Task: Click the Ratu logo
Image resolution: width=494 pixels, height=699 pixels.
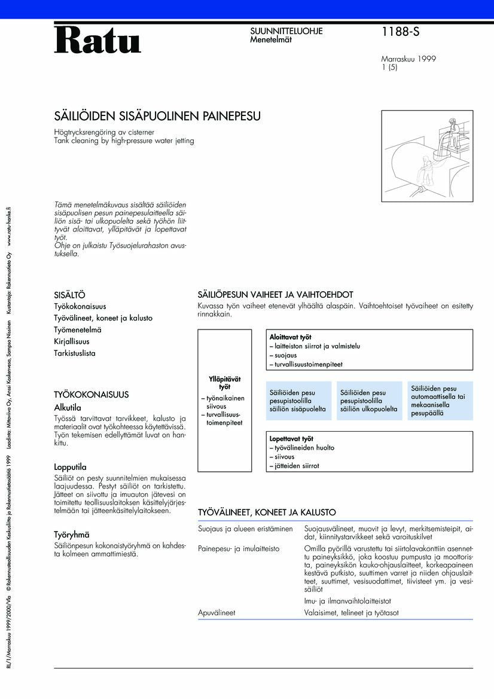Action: pos(97,40)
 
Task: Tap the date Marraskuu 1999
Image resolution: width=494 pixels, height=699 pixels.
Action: pos(408,59)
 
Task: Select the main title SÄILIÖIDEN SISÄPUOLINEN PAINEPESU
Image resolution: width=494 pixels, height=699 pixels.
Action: pos(157,116)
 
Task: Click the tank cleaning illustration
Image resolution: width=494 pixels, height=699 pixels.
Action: pos(426,155)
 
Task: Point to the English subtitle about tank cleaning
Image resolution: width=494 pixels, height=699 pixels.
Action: pos(124,141)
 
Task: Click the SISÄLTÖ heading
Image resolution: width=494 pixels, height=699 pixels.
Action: pos(69,295)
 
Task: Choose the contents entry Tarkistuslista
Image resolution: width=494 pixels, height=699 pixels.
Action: pos(75,353)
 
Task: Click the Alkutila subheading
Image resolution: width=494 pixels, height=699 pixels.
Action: pos(68,407)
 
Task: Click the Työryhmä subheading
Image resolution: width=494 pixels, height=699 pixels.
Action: pos(71,535)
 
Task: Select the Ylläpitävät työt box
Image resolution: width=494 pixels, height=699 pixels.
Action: pos(224,401)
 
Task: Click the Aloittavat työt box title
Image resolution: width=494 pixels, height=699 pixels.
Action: pos(290,337)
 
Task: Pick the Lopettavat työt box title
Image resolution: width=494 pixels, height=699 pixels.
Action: pos(291,439)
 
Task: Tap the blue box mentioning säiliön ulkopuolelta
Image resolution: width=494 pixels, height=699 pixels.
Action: pos(369,401)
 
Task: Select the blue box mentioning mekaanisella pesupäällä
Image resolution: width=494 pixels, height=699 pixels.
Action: pos(440,401)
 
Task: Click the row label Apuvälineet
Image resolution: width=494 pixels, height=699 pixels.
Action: pos(216,613)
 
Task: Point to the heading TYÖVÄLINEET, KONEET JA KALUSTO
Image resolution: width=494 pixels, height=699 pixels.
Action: pos(267,512)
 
